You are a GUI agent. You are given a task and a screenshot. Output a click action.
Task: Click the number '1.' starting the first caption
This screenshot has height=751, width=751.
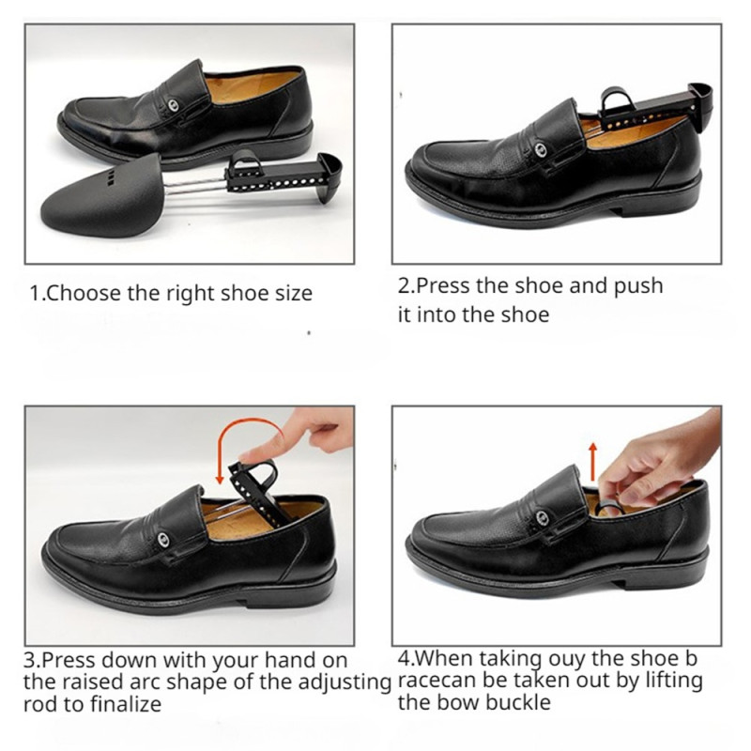point(38,293)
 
